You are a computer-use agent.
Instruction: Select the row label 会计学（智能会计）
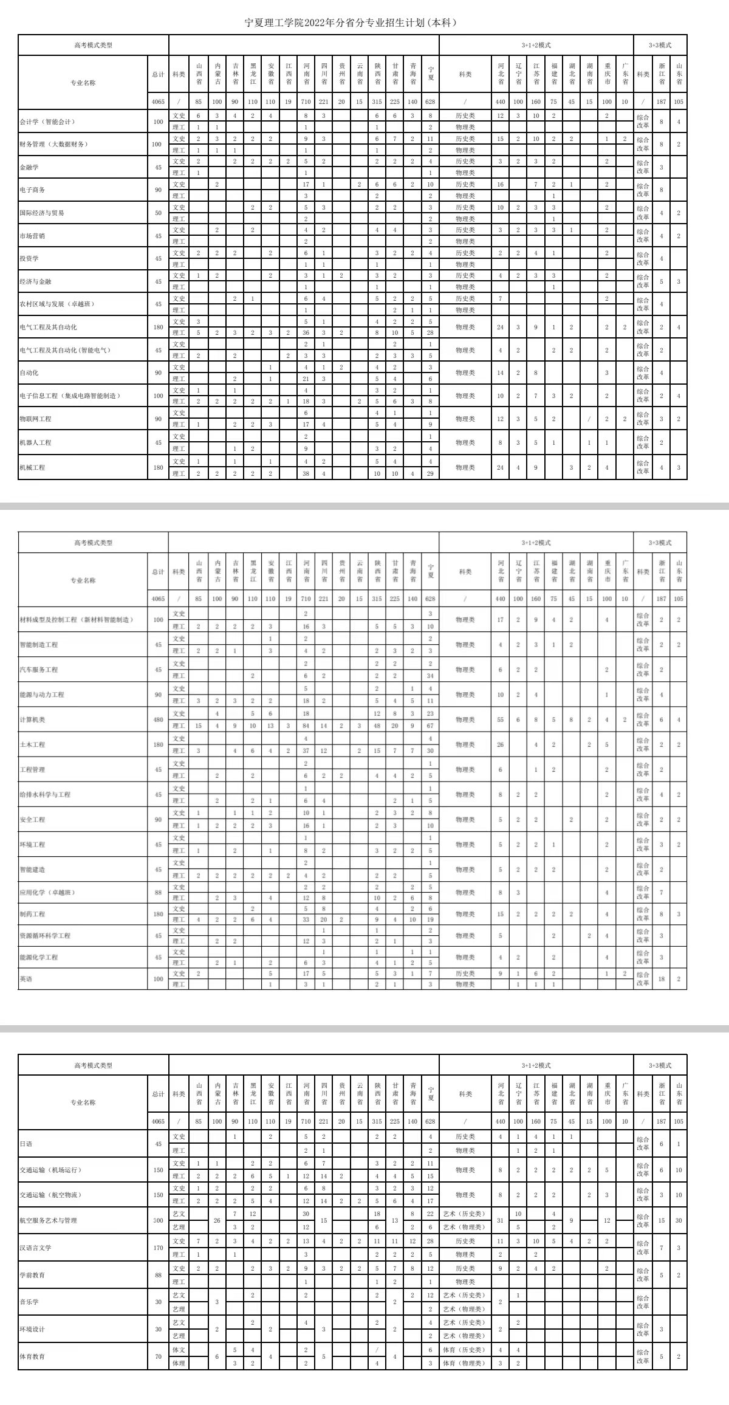47,122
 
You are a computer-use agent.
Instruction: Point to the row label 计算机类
33,720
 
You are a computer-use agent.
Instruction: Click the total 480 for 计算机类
158,720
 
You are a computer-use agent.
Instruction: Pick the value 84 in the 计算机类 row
306,726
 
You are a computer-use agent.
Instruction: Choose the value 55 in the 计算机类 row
501,720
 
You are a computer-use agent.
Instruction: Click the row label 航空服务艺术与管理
48,1220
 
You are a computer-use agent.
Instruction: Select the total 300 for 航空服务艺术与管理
158,1220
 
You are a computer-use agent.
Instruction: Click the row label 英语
26,979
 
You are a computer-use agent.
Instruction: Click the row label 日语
26,1144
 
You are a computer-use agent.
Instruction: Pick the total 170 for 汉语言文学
158,1248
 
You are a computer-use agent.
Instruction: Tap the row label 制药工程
32,914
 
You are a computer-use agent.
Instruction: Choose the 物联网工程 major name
35,419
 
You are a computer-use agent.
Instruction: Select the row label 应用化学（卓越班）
47,892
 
